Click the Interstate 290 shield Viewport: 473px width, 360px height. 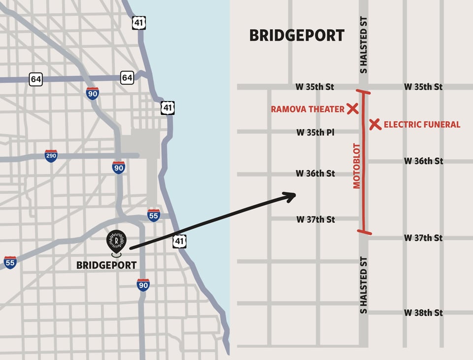[51, 156]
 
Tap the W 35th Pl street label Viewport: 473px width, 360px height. [315, 132]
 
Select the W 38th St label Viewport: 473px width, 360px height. [423, 313]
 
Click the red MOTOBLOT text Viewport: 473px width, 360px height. [357, 166]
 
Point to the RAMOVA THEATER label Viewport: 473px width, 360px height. [307, 109]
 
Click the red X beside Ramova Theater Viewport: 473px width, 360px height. [352, 109]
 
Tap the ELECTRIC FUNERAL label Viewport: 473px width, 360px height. [422, 124]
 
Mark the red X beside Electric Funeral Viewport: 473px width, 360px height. [375, 124]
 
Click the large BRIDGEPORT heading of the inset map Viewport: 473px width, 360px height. [297, 36]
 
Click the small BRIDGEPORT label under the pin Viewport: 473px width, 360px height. [106, 265]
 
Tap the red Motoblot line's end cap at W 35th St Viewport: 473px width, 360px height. [364, 92]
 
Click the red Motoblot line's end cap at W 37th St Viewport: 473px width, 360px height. [364, 231]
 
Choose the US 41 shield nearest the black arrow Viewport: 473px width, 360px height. [179, 241]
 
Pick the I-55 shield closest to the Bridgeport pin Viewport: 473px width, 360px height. [154, 215]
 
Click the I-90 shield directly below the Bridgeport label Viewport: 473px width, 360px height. [143, 285]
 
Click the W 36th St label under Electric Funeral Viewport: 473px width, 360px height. [423, 161]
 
